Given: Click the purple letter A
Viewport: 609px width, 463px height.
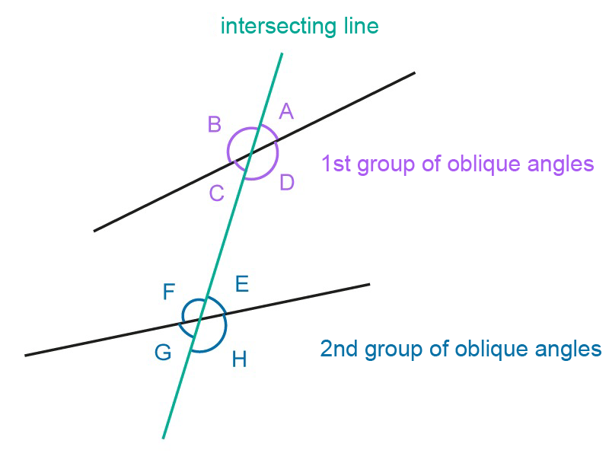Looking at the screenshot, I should pyautogui.click(x=286, y=112).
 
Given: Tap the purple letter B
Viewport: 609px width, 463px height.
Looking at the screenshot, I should pyautogui.click(x=215, y=125).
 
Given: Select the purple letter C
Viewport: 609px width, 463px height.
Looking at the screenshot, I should pyautogui.click(x=216, y=193).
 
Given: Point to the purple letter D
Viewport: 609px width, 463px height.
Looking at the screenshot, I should pyautogui.click(x=287, y=183).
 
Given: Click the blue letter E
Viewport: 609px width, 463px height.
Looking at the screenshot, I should pyautogui.click(x=241, y=285).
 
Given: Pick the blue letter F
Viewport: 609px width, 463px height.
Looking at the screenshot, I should pyautogui.click(x=169, y=292).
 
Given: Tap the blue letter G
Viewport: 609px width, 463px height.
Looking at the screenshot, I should pyautogui.click(x=163, y=353).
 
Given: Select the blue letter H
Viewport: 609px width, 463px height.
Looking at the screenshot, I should pyautogui.click(x=239, y=359).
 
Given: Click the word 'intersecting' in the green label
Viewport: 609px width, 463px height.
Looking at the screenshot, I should pyautogui.click(x=266, y=27).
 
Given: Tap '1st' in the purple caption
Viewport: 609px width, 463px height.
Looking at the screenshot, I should pyautogui.click(x=336, y=164).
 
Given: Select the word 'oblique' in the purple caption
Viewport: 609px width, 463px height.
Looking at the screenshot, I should pyautogui.click(x=480, y=164).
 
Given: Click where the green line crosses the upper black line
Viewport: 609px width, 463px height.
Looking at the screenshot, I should pyautogui.click(x=250, y=155).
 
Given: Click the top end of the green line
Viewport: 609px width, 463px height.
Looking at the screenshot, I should pyautogui.click(x=282, y=54).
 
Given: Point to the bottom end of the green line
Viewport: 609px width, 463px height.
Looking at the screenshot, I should pyautogui.click(x=163, y=438).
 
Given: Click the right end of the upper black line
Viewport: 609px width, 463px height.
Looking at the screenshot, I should pyautogui.click(x=414, y=73).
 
